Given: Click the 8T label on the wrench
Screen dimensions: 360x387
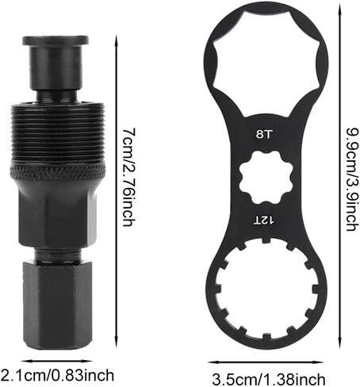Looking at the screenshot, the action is tap(263, 135).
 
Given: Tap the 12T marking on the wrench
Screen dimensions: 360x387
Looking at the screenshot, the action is tap(264, 220).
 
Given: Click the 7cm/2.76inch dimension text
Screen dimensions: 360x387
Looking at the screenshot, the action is tap(129, 178).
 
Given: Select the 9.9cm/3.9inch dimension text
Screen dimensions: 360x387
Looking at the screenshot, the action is tap(353, 180).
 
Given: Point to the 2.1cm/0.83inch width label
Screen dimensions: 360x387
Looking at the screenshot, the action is tap(58, 375).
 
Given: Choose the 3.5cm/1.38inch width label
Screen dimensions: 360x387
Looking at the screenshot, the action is tap(269, 379).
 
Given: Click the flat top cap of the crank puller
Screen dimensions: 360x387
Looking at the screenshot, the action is tap(56, 40).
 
